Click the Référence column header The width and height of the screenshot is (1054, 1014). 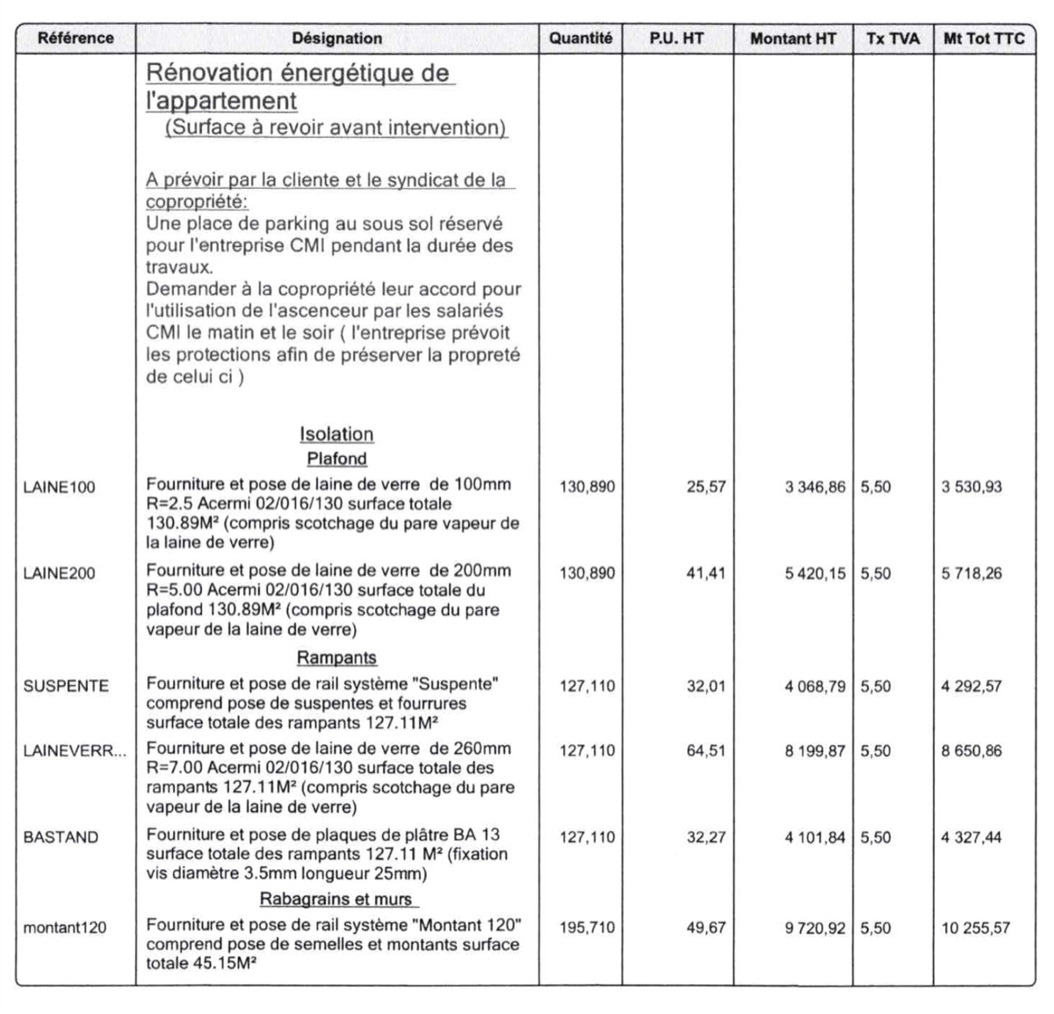76,39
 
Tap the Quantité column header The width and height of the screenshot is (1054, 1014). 581,39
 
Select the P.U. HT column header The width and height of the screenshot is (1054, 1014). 676,39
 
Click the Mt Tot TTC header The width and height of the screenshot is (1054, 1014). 984,39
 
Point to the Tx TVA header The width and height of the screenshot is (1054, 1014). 892,39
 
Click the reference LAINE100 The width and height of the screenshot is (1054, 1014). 59,488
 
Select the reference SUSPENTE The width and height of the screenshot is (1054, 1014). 66,686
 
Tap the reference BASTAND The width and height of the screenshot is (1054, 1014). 61,837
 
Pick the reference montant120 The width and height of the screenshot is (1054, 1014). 65,927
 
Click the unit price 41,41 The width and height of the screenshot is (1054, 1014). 706,574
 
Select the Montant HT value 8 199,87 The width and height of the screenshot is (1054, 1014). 815,751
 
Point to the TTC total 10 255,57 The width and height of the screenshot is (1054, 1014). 976,927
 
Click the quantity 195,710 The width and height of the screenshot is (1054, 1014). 588,927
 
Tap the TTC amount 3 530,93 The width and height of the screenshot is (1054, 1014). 971,488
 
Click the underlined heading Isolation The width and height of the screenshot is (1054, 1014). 336,434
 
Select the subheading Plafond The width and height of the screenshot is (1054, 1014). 336,459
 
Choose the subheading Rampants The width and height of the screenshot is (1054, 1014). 336,658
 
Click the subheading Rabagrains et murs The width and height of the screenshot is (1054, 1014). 336,899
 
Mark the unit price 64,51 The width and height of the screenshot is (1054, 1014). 706,751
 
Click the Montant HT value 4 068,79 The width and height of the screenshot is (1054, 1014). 815,686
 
